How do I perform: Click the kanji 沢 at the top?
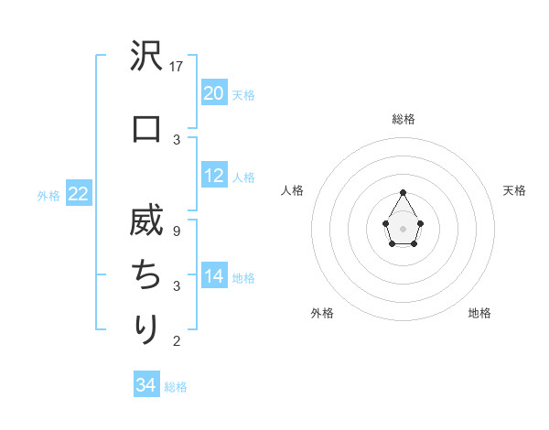pyautogui.click(x=146, y=60)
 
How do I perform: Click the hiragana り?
pyautogui.click(x=146, y=328)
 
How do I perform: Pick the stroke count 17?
pyautogui.click(x=178, y=67)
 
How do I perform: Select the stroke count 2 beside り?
pyautogui.click(x=178, y=341)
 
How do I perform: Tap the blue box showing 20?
pyautogui.click(x=214, y=93)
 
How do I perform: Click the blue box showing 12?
pyautogui.click(x=214, y=177)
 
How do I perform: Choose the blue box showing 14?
pyautogui.click(x=214, y=277)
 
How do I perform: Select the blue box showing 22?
pyautogui.click(x=78, y=194)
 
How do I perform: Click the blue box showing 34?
pyautogui.click(x=146, y=385)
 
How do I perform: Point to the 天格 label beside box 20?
pyautogui.click(x=243, y=94)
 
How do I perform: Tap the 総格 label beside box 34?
pyautogui.click(x=176, y=386)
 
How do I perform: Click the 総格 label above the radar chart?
pyautogui.click(x=404, y=120)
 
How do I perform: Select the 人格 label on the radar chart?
pyautogui.click(x=293, y=190)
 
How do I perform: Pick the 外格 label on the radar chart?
pyautogui.click(x=322, y=313)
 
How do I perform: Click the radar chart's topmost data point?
pyautogui.click(x=404, y=192)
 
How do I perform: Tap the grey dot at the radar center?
pyautogui.click(x=404, y=227)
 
